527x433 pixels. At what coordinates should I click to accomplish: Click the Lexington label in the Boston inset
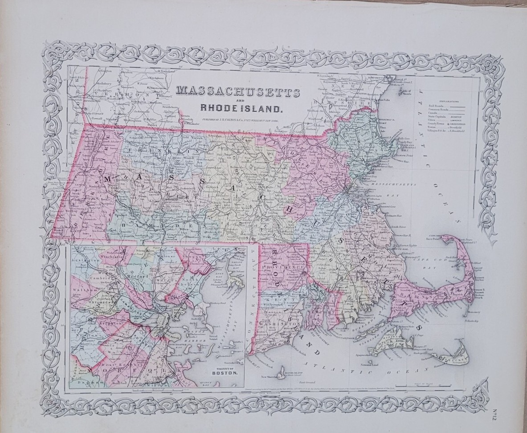pyautogui.click(x=87, y=259)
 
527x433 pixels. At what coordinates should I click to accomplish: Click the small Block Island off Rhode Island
pyautogui.click(x=282, y=371)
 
